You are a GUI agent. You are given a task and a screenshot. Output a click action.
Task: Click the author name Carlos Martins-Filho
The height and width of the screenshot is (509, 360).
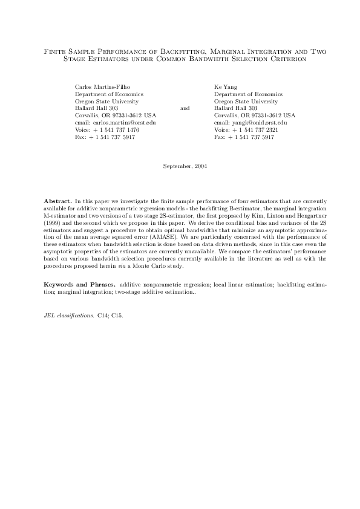pyautogui.click(x=102, y=87)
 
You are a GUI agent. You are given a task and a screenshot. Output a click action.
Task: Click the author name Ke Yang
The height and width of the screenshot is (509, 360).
pyautogui.click(x=226, y=87)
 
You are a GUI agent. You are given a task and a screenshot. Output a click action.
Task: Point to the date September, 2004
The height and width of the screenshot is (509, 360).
pyautogui.click(x=185, y=166)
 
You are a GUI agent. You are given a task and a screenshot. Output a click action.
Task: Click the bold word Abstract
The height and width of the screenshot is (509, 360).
pyautogui.click(x=58, y=199)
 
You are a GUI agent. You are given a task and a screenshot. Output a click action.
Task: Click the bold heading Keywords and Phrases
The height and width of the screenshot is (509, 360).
pyautogui.click(x=79, y=284)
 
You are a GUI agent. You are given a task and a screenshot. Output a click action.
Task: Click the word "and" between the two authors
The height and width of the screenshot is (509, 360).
pyautogui.click(x=185, y=108)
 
